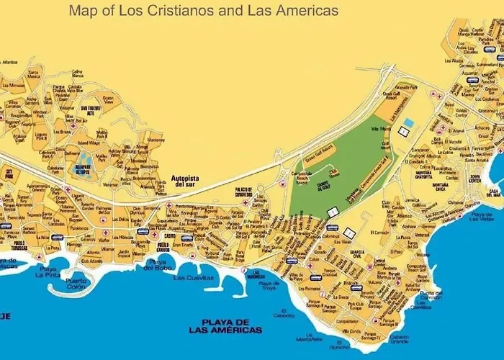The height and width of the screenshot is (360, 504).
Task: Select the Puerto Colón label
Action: pyautogui.click(x=78, y=284)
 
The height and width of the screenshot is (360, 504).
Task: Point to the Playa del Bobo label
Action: pyautogui.click(x=156, y=265)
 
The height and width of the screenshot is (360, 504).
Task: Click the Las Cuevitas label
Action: pyautogui.click(x=194, y=277)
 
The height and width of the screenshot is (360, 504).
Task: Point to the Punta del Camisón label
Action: pyautogui.click(x=431, y=295)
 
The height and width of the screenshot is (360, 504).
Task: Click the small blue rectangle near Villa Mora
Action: pyautogui.click(x=409, y=123)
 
